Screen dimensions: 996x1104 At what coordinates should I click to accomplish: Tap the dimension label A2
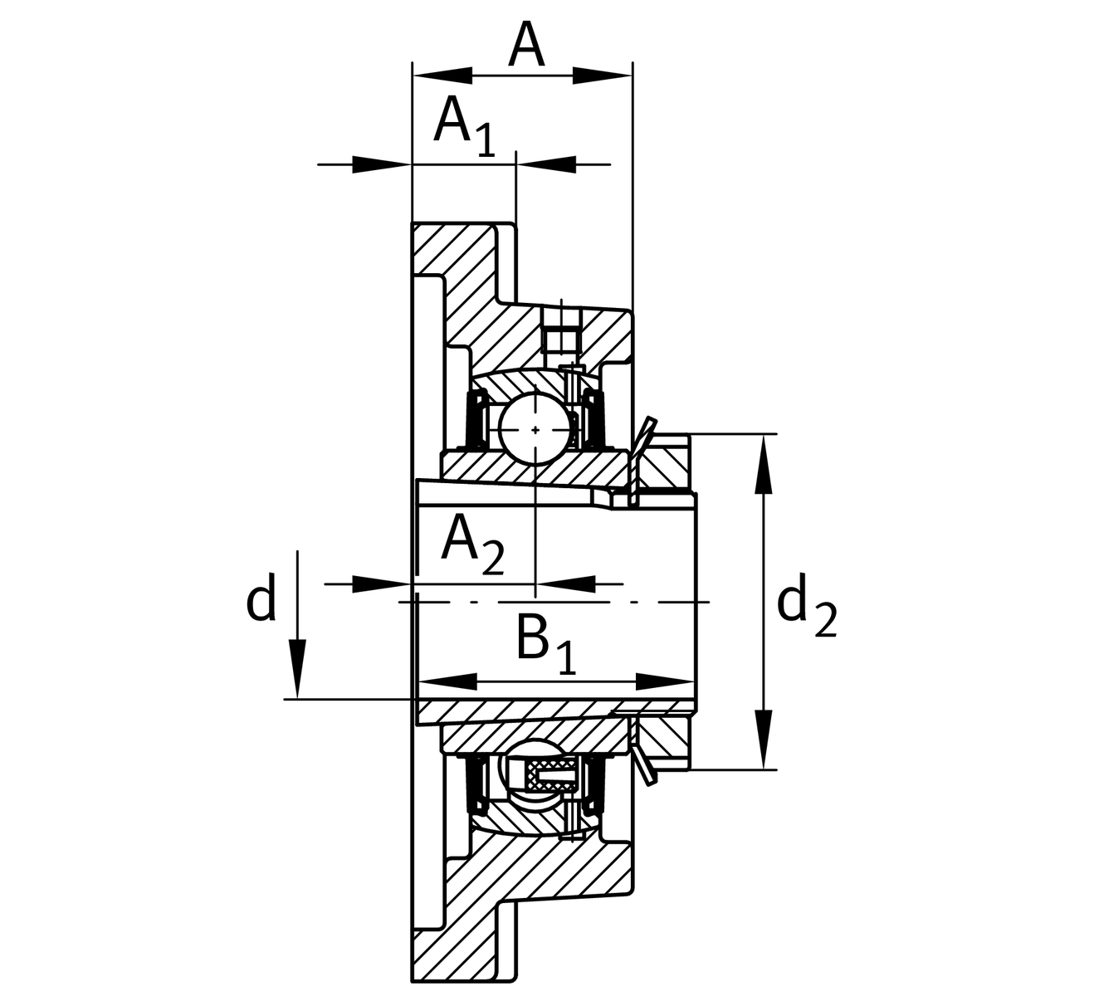tap(471, 544)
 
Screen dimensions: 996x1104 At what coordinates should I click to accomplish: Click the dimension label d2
tap(806, 607)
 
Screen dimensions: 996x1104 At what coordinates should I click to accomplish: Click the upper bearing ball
tap(535, 429)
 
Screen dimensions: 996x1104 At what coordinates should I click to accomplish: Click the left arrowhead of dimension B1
tap(448, 682)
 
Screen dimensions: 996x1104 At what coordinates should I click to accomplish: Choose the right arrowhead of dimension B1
tap(664, 682)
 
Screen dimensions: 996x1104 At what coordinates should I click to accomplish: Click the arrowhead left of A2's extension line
tap(382, 584)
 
